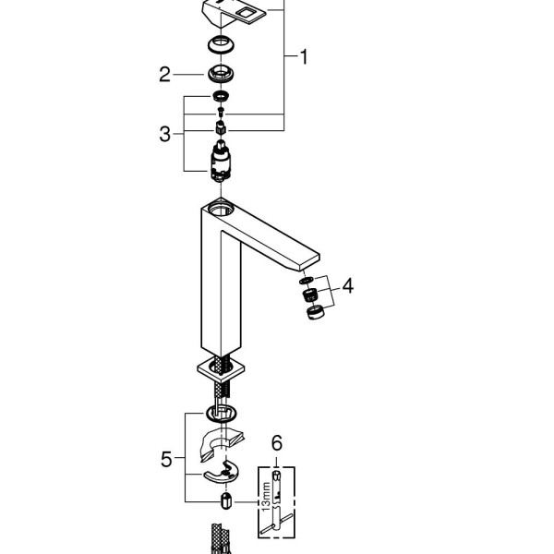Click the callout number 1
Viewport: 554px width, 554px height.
click(303, 57)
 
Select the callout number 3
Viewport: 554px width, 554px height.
click(164, 134)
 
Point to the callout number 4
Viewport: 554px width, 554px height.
click(347, 286)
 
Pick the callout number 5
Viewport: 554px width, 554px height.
click(165, 457)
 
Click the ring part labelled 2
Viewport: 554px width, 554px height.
click(222, 74)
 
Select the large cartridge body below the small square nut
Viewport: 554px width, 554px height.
click(222, 165)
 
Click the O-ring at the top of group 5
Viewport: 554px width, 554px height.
click(222, 412)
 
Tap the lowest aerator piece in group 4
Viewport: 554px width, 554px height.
click(314, 313)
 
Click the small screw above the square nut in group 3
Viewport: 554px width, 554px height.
click(222, 112)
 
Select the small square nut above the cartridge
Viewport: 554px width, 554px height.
click(222, 126)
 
